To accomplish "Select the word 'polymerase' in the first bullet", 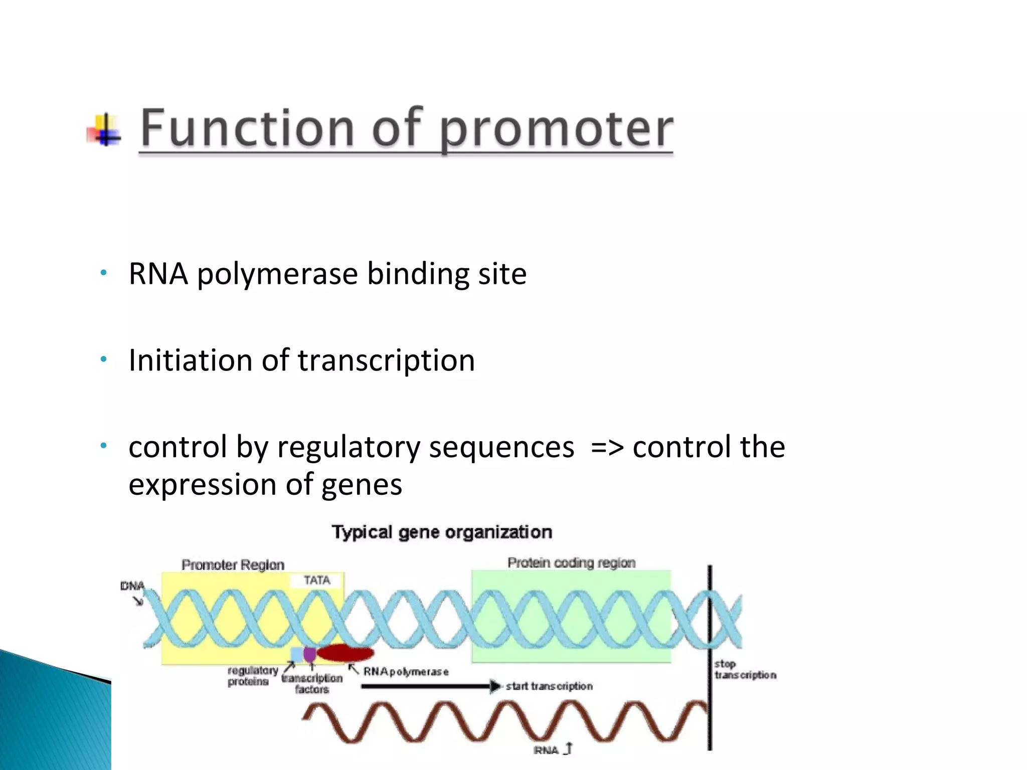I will (277, 275).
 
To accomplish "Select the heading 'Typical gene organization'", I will (442, 532).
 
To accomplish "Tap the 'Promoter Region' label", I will (233, 565).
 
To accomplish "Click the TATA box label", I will (317, 581).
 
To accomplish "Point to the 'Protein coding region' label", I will (571, 563).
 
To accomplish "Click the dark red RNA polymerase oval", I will (346, 653).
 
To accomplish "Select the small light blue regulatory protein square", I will (297, 654).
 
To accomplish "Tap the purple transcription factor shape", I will (310, 654).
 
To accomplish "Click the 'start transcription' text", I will (549, 686).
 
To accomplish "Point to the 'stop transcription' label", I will (745, 670).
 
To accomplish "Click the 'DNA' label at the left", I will (132, 586).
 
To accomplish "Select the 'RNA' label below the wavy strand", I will (546, 750).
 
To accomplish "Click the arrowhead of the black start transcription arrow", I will (495, 686).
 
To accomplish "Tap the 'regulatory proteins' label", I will (252, 676).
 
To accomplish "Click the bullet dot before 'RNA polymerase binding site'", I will (103, 273).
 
